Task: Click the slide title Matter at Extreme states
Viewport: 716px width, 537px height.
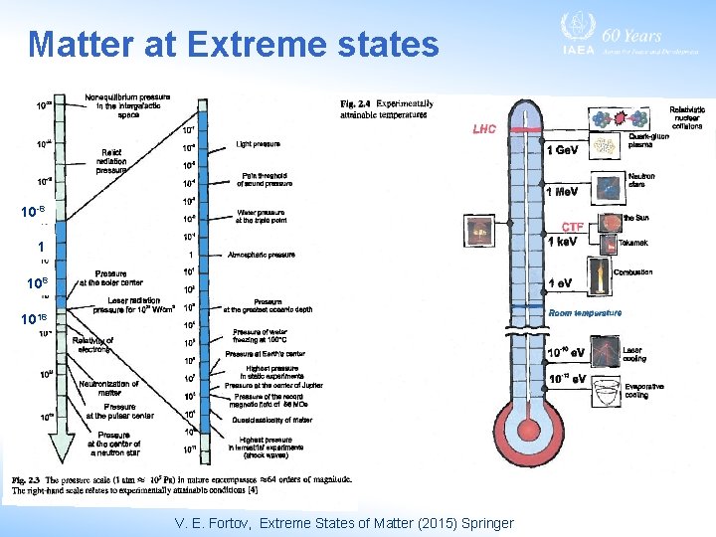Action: pos(234,45)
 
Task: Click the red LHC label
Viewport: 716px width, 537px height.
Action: pos(484,128)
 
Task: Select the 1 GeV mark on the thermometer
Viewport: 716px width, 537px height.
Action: pos(563,150)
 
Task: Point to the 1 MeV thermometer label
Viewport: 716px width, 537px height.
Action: pos(563,191)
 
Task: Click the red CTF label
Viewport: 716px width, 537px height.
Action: pos(573,227)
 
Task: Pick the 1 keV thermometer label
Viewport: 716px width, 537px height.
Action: pos(563,242)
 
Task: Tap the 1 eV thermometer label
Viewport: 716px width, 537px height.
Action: pos(560,283)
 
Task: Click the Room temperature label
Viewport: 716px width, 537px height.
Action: pos(585,312)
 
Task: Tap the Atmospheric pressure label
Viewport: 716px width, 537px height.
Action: pos(262,255)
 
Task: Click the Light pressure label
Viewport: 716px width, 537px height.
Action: pos(258,145)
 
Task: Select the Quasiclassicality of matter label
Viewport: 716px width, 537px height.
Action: pos(266,420)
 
